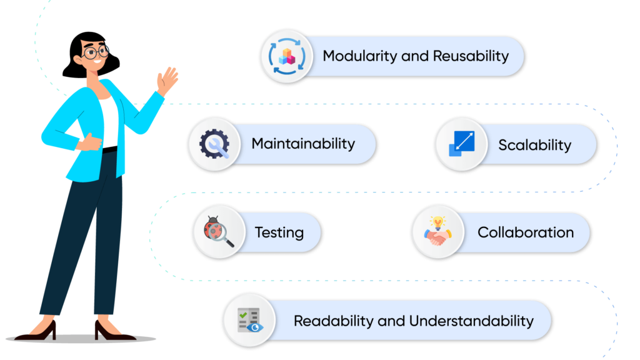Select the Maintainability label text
click(303, 144)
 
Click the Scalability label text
click(534, 145)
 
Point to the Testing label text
click(279, 232)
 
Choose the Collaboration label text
click(525, 232)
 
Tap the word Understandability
click(471, 321)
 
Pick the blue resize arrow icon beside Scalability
click(461, 144)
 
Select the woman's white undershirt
click(109, 121)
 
